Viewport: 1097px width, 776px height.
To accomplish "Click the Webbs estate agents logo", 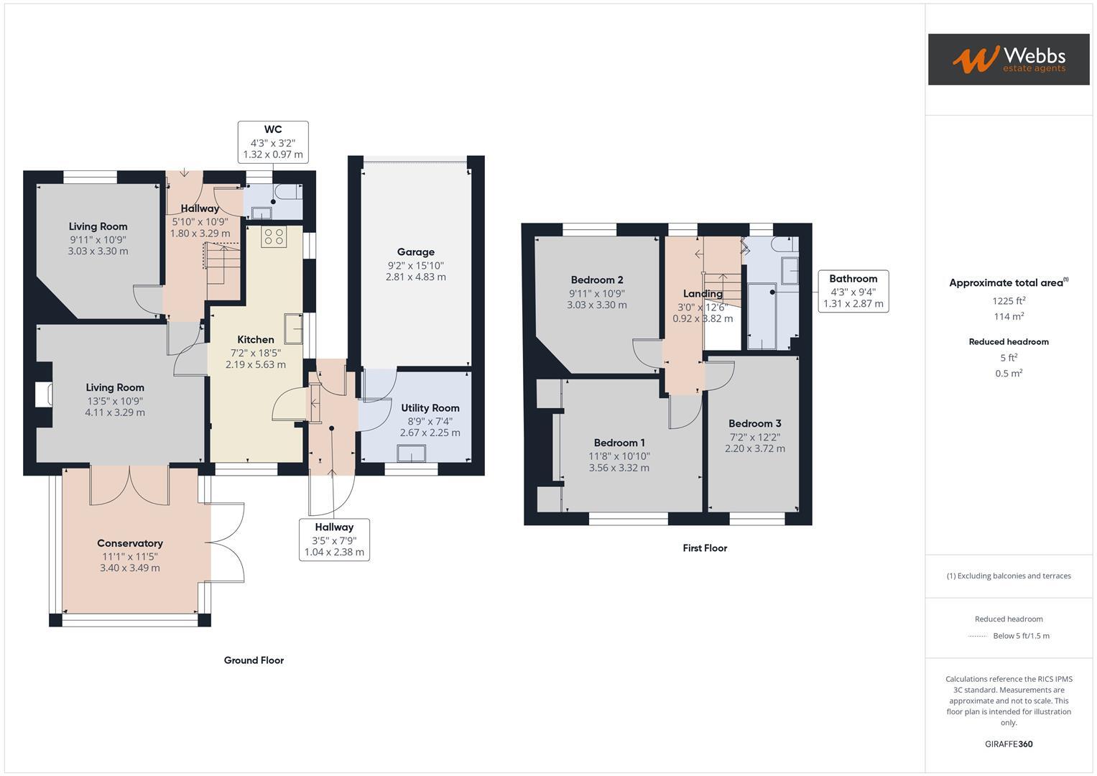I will click(1008, 59).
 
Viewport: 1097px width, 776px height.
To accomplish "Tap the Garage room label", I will click(415, 252).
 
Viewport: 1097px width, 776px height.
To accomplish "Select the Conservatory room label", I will click(130, 543).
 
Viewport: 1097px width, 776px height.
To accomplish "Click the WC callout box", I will click(273, 142).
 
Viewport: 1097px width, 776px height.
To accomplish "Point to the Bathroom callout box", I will click(853, 291).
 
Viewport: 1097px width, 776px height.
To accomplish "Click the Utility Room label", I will click(430, 408).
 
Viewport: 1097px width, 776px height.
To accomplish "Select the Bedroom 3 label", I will click(754, 424).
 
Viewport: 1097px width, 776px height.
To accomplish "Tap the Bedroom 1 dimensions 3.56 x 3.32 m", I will click(619, 468).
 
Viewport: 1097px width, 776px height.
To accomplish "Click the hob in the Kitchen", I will click(274, 236).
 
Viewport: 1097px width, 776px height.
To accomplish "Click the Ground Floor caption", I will click(254, 660).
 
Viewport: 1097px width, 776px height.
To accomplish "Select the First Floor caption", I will click(705, 548).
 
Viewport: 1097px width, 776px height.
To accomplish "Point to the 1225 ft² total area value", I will click(1009, 301).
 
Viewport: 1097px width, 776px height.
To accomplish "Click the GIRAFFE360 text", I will click(1008, 744).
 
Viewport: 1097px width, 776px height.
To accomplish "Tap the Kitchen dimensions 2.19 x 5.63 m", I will click(256, 364).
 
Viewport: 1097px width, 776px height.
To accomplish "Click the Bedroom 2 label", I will click(596, 280).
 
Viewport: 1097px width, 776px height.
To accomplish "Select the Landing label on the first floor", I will click(702, 294).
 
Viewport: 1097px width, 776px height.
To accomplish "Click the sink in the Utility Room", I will click(412, 453).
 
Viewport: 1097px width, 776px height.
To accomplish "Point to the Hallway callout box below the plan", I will click(334, 540).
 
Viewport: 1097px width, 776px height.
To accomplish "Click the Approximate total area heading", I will click(1008, 283).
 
